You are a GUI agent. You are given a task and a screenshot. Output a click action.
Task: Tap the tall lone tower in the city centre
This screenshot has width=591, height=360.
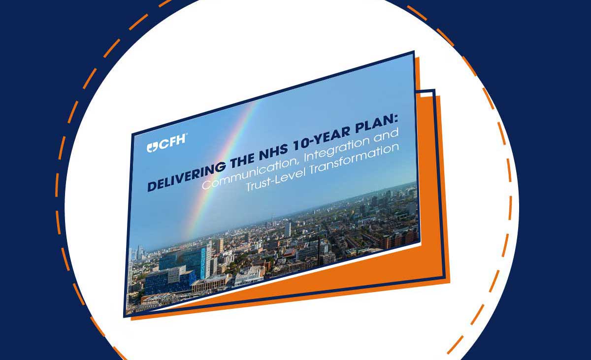pos(288,229)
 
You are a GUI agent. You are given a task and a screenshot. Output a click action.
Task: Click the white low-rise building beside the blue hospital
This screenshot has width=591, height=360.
pos(249,275)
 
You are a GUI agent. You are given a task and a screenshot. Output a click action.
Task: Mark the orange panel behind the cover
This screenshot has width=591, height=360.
pos(433,197)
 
